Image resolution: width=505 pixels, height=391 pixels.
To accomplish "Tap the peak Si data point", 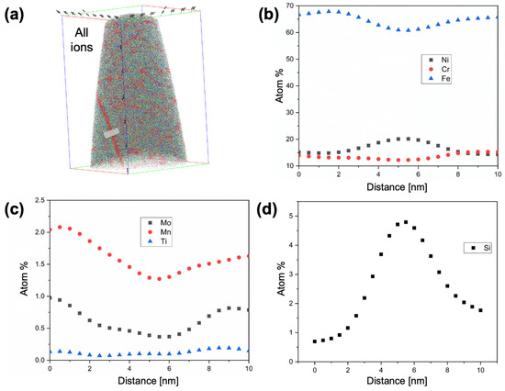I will (405, 222).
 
